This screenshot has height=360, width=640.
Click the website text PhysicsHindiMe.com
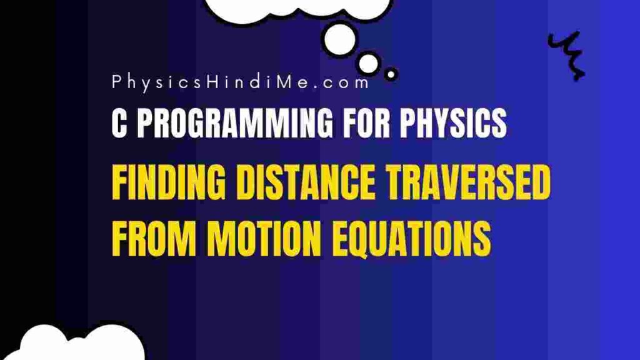(241, 83)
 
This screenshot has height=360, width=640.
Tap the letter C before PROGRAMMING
(119, 123)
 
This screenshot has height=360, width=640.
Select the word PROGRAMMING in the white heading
(235, 123)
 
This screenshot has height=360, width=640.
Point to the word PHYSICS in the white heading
(453, 123)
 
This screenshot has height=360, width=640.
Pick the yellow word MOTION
(264, 238)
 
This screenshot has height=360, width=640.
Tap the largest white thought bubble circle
(339, 39)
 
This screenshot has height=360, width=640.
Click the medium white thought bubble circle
(368, 63)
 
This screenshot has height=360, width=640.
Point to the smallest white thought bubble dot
(391, 75)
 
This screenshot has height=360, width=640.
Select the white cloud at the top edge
(298, 9)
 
